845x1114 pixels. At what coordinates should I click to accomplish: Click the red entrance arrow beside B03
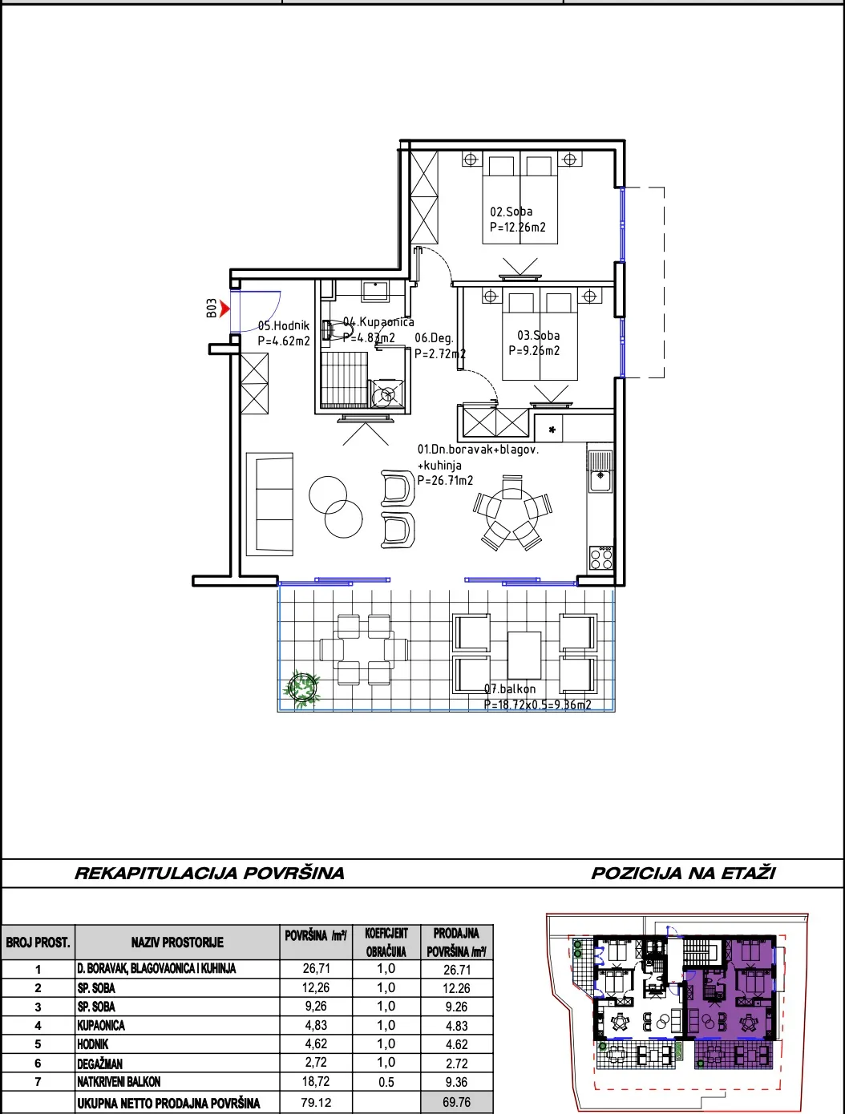pyautogui.click(x=224, y=308)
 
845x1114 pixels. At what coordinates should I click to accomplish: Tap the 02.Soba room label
pyautogui.click(x=511, y=212)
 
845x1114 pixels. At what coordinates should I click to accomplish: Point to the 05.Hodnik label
pyautogui.click(x=283, y=326)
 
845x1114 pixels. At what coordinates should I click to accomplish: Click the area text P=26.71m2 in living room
pyautogui.click(x=445, y=480)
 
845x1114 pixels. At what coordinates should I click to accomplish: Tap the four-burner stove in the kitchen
pyautogui.click(x=601, y=558)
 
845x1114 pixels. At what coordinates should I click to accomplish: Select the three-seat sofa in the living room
pyautogui.click(x=269, y=504)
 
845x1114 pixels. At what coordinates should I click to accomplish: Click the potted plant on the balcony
pyautogui.click(x=302, y=688)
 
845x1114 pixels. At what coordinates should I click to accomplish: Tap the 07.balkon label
pyautogui.click(x=510, y=688)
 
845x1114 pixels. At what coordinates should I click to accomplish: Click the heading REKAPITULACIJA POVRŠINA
pyautogui.click(x=209, y=873)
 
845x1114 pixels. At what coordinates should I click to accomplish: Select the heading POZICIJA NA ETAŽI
pyautogui.click(x=683, y=873)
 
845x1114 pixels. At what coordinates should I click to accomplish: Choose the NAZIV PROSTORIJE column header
pyautogui.click(x=177, y=942)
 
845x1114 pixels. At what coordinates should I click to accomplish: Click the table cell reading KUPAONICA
pyautogui.click(x=101, y=1026)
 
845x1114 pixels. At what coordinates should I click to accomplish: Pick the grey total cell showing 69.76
pyautogui.click(x=457, y=1102)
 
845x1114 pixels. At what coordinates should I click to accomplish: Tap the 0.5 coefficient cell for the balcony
pyautogui.click(x=386, y=1082)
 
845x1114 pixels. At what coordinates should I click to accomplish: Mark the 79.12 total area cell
pyautogui.click(x=316, y=1102)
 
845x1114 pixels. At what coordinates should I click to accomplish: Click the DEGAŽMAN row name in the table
pyautogui.click(x=100, y=1064)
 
